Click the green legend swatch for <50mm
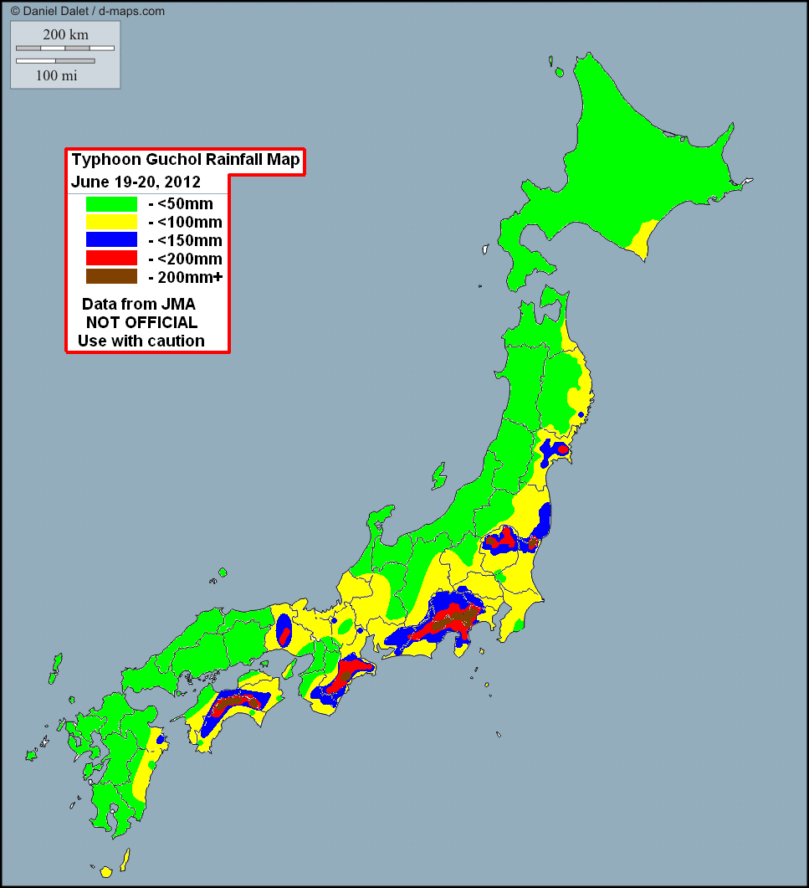tap(111, 203)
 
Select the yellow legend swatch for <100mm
tap(111, 222)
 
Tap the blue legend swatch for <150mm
tap(111, 240)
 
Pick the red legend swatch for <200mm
tap(111, 259)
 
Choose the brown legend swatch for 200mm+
tap(111, 277)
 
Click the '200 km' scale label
tap(65, 34)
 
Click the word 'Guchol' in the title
tap(161, 161)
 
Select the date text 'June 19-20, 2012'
tap(136, 182)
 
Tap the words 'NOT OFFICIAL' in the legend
tap(141, 322)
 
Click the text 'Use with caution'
tap(141, 341)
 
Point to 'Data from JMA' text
tap(139, 304)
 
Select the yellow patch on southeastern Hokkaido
tap(642, 239)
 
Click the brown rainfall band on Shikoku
tap(234, 703)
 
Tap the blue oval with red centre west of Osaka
tap(284, 631)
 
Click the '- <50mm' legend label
tap(180, 203)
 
